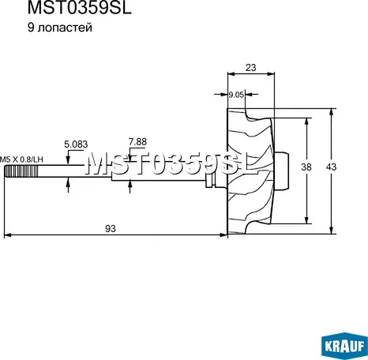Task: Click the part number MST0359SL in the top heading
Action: (80, 8)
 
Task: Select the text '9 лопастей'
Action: (60, 28)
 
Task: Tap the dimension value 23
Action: (250, 68)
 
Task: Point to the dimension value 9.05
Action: (236, 95)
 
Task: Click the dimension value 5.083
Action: (76, 144)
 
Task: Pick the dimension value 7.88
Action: (137, 142)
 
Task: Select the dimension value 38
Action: (306, 167)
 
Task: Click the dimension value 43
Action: (331, 167)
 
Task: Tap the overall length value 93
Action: (111, 228)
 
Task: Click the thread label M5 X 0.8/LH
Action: (21, 159)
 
